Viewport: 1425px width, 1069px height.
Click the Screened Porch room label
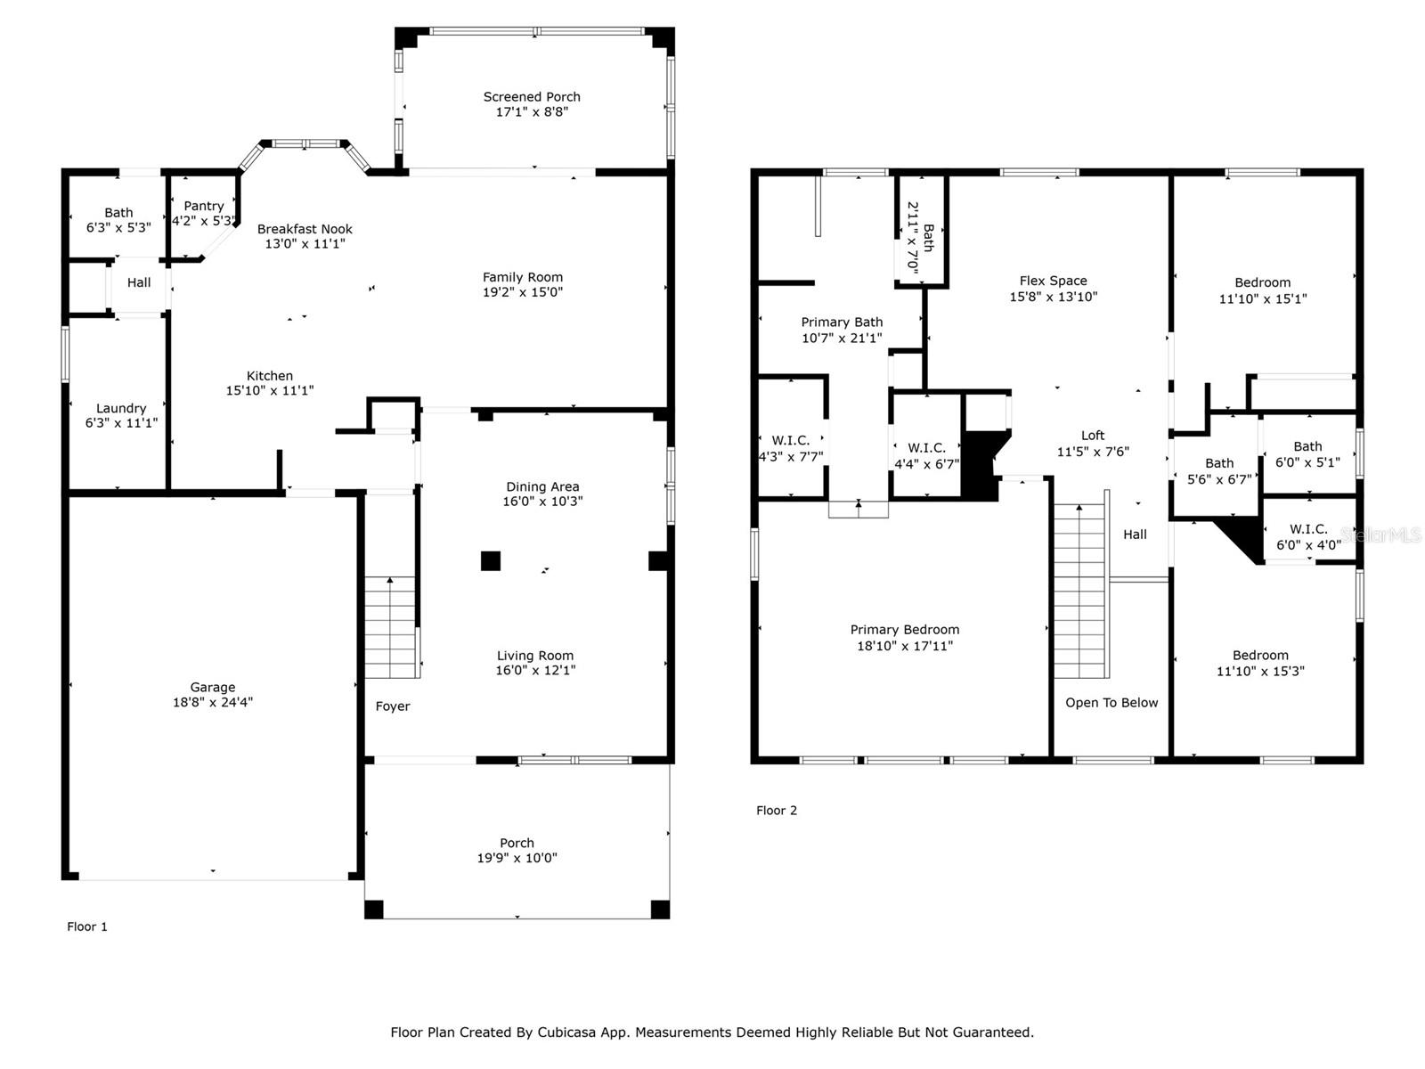(532, 97)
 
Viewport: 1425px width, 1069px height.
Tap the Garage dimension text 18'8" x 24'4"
(212, 702)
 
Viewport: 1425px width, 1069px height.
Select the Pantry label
(204, 206)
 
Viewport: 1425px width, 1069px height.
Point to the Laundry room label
(121, 408)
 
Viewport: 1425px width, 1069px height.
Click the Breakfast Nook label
(305, 228)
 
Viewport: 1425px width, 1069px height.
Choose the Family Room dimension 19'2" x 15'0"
(523, 291)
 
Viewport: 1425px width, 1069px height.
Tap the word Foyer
(393, 706)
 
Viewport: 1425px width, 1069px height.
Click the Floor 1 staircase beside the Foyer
(390, 628)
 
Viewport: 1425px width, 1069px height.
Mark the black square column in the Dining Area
(490, 561)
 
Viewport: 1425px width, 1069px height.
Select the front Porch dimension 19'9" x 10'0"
(517, 857)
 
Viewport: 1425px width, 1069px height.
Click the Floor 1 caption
(87, 926)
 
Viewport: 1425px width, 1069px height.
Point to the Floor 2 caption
(777, 810)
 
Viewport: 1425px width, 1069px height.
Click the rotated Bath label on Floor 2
(928, 238)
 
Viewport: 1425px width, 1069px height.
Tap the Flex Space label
(1053, 281)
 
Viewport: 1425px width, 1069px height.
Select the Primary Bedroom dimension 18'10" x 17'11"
(905, 645)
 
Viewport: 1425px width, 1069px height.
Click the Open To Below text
(1111, 702)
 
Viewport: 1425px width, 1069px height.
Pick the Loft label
(1093, 436)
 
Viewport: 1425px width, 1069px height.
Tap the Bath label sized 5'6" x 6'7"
(1219, 462)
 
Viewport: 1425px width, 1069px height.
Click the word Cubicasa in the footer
(564, 1032)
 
